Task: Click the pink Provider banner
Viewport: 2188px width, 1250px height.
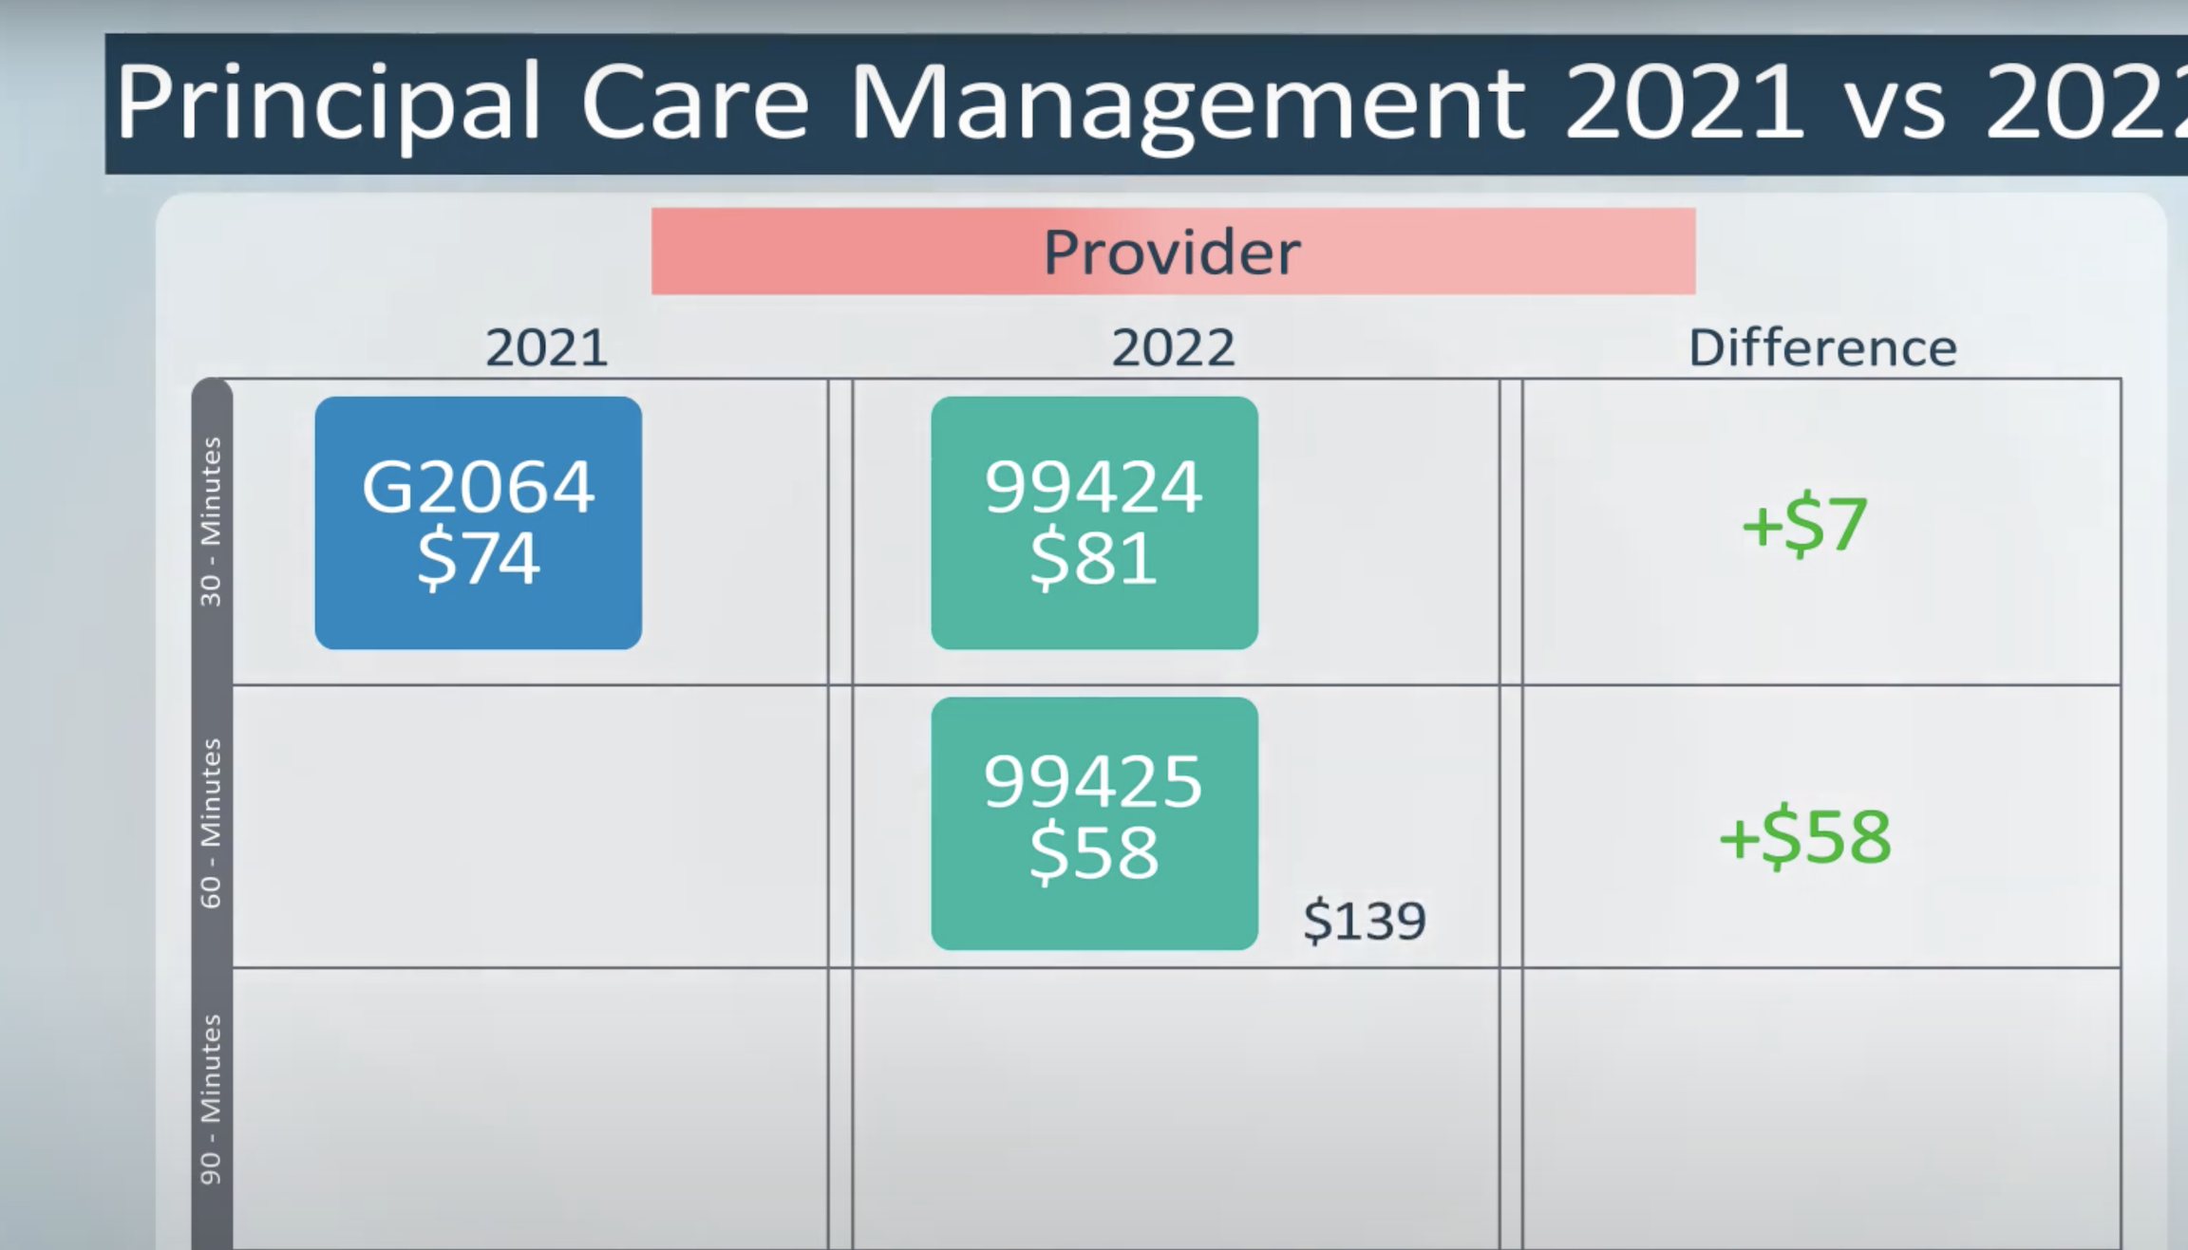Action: coord(1173,252)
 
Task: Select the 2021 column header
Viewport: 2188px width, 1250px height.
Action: coord(546,347)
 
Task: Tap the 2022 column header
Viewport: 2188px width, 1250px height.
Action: coord(1173,347)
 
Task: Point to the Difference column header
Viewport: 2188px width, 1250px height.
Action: coord(1822,347)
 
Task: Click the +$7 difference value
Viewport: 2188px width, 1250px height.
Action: coord(1804,524)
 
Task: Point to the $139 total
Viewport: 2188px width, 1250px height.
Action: coord(1365,921)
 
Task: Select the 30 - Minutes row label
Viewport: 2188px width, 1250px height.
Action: coord(211,522)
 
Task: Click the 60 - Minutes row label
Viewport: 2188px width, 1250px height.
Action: coord(211,823)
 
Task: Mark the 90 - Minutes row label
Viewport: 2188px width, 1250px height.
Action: coord(211,1099)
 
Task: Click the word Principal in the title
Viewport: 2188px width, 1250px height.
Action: coord(328,103)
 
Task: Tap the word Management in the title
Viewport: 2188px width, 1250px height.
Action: coord(1187,103)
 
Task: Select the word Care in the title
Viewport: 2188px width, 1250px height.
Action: coord(694,103)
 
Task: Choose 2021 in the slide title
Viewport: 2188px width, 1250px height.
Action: coord(1683,103)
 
